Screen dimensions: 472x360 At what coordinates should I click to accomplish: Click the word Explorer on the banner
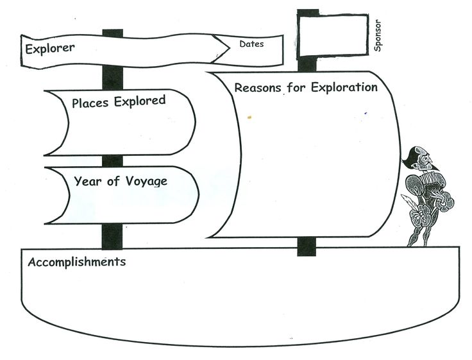coord(49,49)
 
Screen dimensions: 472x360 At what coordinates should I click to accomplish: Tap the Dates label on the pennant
coord(251,44)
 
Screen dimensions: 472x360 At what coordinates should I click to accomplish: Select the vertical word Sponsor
coord(378,35)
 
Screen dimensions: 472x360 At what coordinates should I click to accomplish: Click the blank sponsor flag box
coord(333,35)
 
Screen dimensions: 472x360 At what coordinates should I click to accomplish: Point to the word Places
coord(90,103)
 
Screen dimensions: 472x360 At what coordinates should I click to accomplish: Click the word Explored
coord(140,101)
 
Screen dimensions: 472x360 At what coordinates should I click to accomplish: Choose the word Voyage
coord(146,182)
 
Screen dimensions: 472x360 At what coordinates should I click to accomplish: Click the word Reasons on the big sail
coord(258,88)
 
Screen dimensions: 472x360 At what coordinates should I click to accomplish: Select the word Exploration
coord(344,87)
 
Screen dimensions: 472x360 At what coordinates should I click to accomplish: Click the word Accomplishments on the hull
coord(77,262)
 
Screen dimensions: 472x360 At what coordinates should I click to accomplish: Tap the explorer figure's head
coord(421,159)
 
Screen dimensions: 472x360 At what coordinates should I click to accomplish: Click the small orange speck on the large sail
coord(249,117)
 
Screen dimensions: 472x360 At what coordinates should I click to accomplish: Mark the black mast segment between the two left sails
coord(113,161)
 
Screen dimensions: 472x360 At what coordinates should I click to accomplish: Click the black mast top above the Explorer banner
coord(113,33)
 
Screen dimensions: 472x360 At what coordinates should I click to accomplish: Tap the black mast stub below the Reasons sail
coord(307,246)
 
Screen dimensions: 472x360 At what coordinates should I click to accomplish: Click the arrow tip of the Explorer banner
coord(230,48)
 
